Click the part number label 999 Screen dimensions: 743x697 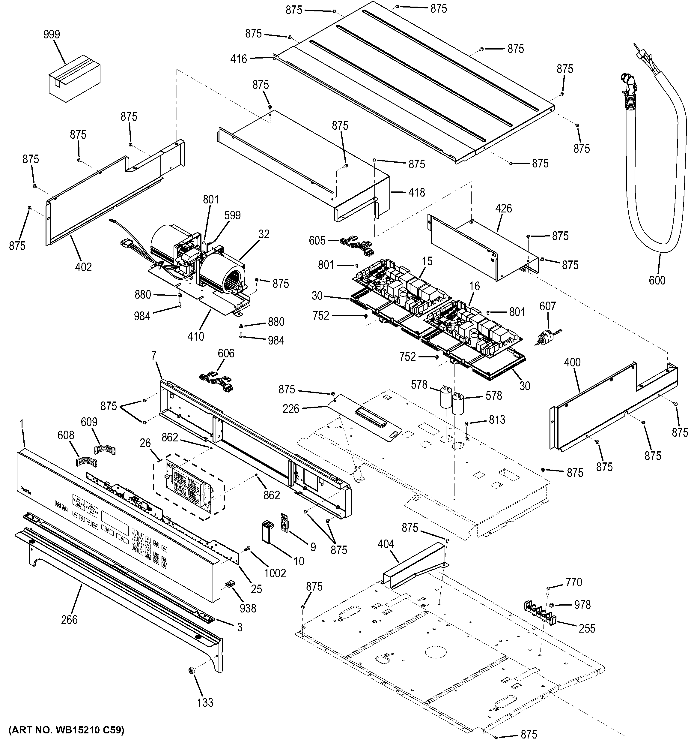click(52, 35)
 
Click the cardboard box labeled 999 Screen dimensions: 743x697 click(75, 78)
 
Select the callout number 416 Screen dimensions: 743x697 click(239, 59)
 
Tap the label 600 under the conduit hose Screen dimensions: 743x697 click(657, 280)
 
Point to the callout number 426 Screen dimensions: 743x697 click(503, 209)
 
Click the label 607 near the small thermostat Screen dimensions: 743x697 click(548, 306)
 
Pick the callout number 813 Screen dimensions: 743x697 click(497, 420)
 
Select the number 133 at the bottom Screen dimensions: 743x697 click(205, 702)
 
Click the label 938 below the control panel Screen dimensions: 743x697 click(248, 608)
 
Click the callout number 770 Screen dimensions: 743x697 click(573, 582)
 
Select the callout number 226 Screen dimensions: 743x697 click(291, 409)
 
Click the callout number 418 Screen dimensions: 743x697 click(416, 192)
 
